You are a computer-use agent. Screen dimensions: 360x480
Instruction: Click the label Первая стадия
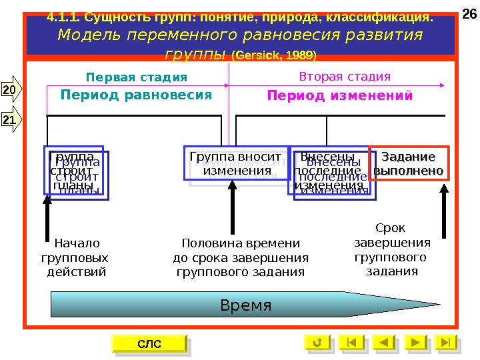coord(137,77)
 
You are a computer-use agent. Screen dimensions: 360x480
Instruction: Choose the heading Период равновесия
coord(136,95)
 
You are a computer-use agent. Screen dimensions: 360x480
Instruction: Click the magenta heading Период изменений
coord(340,95)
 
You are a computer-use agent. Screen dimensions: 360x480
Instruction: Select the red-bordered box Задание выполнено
coord(409,164)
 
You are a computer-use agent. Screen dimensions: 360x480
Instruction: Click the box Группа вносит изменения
coord(235,164)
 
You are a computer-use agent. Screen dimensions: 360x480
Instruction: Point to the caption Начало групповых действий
coord(76,257)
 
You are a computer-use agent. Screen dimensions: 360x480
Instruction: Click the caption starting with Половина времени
coord(241,257)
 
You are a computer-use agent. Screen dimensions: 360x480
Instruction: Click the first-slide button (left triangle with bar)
coord(352,343)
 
